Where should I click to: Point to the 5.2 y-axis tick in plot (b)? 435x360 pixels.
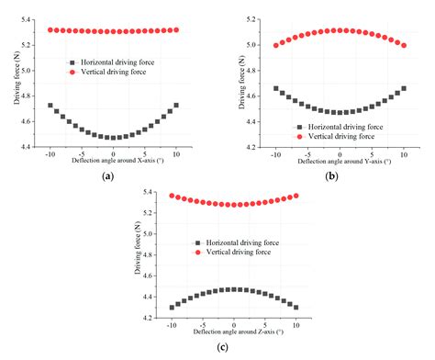coord(256,18)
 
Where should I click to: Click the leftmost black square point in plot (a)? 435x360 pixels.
coord(50,105)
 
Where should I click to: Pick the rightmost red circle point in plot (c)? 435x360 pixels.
coord(296,196)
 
